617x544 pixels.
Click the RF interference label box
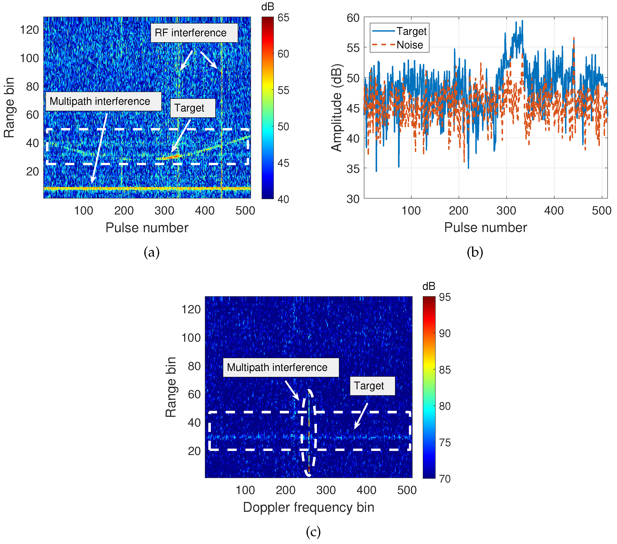(x=194, y=33)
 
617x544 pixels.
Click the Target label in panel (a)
(x=192, y=108)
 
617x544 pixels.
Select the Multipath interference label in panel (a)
(x=103, y=101)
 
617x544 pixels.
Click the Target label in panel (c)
(x=372, y=386)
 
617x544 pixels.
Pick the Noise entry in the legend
(x=409, y=45)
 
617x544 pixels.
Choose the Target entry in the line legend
(x=411, y=31)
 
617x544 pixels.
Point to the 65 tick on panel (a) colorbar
(x=283, y=18)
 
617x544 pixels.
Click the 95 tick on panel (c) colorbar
(x=445, y=297)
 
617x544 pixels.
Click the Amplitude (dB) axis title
(x=337, y=108)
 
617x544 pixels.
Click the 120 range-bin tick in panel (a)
(x=29, y=30)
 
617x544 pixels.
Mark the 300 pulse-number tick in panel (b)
(x=506, y=210)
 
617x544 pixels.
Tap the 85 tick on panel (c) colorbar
(x=445, y=370)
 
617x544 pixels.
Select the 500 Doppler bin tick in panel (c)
(x=407, y=490)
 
